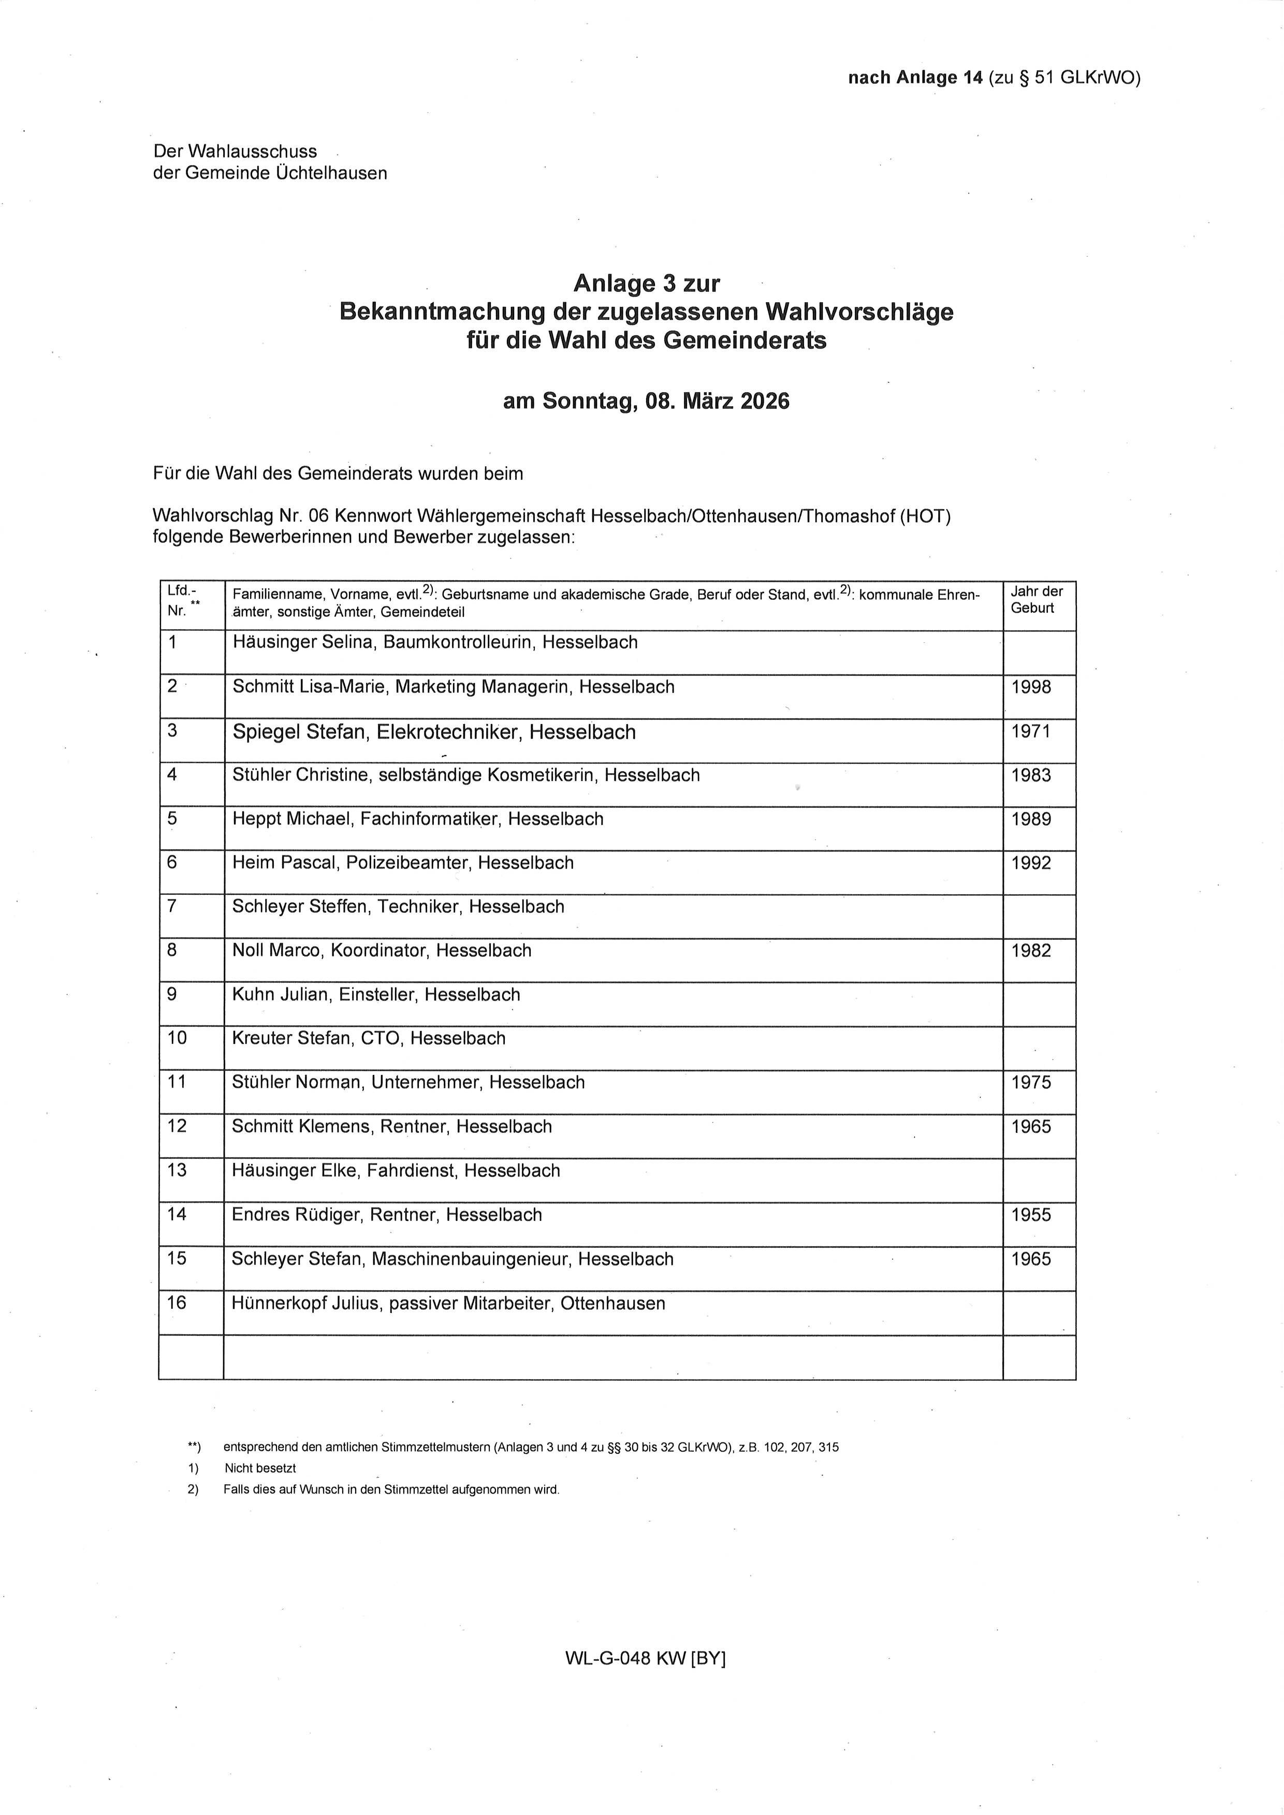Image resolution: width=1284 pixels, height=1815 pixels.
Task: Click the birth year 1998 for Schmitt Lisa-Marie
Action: (x=1031, y=687)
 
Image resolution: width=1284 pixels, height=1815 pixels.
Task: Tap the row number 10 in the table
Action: (x=177, y=1038)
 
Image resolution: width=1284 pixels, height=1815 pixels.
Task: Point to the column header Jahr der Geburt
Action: (x=1037, y=600)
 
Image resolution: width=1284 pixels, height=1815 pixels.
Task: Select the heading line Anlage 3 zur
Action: (x=646, y=283)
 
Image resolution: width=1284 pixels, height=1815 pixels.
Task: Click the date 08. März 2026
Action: (x=717, y=402)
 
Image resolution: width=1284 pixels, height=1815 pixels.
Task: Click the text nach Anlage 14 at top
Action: (x=915, y=78)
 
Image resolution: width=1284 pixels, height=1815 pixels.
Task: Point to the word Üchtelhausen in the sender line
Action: (x=331, y=173)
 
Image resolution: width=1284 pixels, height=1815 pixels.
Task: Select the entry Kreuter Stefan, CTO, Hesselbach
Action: (x=369, y=1038)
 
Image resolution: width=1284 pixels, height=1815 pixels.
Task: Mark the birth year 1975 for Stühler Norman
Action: (x=1031, y=1082)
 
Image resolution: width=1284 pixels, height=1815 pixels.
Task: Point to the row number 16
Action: (x=177, y=1302)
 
